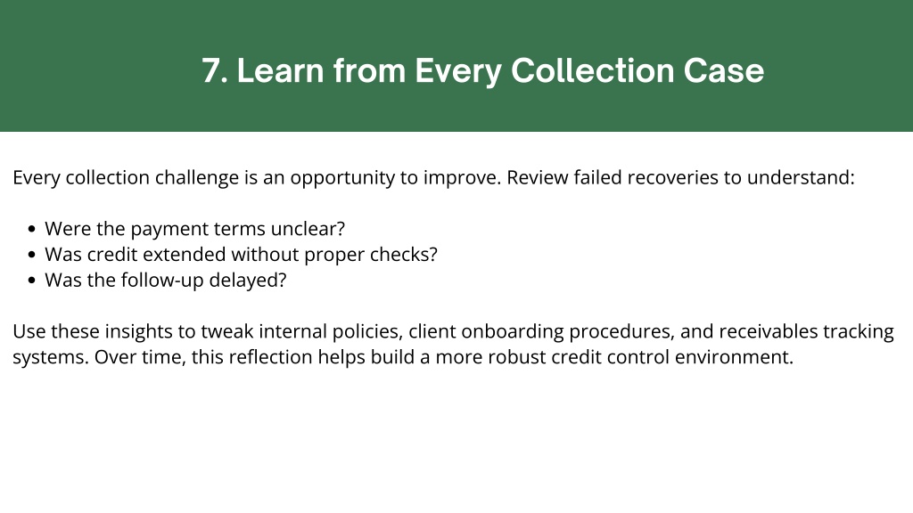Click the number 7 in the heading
pos(211,71)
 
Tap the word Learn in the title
pos(281,71)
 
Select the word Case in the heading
pos(724,71)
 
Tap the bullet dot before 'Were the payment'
pos(31,229)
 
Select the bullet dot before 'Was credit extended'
pos(31,255)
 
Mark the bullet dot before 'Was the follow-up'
pos(31,281)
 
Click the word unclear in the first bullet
pos(308,229)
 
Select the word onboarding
pos(513,331)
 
